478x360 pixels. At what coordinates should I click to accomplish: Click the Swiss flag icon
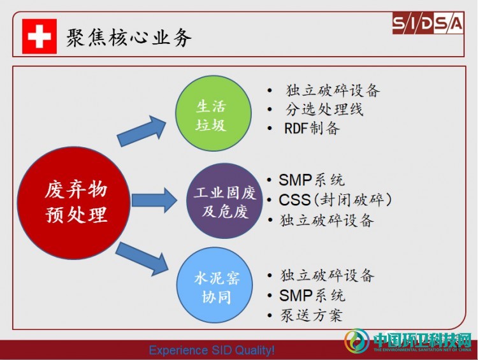40,36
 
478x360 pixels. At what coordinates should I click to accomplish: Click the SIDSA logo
428,23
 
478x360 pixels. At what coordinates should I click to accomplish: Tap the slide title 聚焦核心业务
129,38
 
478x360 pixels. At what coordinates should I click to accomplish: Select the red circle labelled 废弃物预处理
74,203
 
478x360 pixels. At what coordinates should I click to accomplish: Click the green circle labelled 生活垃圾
213,113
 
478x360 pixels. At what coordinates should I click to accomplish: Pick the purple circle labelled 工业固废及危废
224,201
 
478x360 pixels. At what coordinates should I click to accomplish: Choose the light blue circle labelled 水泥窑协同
215,285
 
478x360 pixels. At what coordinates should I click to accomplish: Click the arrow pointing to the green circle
141,131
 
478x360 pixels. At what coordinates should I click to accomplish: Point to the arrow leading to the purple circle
154,200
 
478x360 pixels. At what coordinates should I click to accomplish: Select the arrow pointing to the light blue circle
141,259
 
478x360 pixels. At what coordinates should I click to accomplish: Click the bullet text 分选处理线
324,109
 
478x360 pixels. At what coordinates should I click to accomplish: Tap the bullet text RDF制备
312,128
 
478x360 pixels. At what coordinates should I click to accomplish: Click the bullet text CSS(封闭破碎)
335,200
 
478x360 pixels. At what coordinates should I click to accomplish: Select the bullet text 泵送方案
311,315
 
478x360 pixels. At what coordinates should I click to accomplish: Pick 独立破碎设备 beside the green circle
333,90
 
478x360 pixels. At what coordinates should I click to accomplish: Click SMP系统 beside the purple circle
312,180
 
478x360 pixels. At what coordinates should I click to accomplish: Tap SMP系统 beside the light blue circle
312,296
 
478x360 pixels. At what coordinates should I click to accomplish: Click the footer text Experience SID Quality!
212,350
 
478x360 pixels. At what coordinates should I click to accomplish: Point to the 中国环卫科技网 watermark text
422,339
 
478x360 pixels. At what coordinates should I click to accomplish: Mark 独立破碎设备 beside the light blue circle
327,275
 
